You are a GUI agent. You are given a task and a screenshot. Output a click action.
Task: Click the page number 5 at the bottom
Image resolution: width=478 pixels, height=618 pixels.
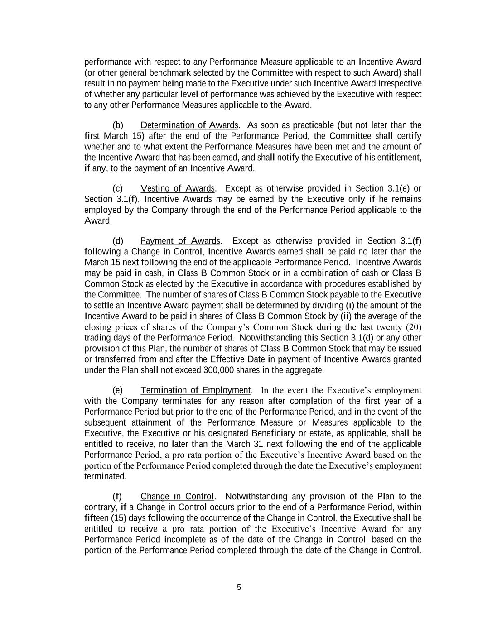[239, 588]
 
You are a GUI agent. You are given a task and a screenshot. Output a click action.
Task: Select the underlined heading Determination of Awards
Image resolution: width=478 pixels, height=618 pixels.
[189, 125]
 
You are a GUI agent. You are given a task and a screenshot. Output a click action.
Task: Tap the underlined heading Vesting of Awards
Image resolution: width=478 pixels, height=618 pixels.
[177, 188]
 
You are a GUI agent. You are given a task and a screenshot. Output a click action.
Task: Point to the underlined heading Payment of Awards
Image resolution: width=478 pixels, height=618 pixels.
[180, 241]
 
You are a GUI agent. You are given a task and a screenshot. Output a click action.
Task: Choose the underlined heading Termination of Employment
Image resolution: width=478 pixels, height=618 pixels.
[195, 390]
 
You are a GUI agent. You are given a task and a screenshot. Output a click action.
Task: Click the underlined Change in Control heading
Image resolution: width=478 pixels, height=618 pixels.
[177, 497]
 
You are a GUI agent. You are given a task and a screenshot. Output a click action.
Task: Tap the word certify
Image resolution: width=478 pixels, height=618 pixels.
[410, 136]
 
